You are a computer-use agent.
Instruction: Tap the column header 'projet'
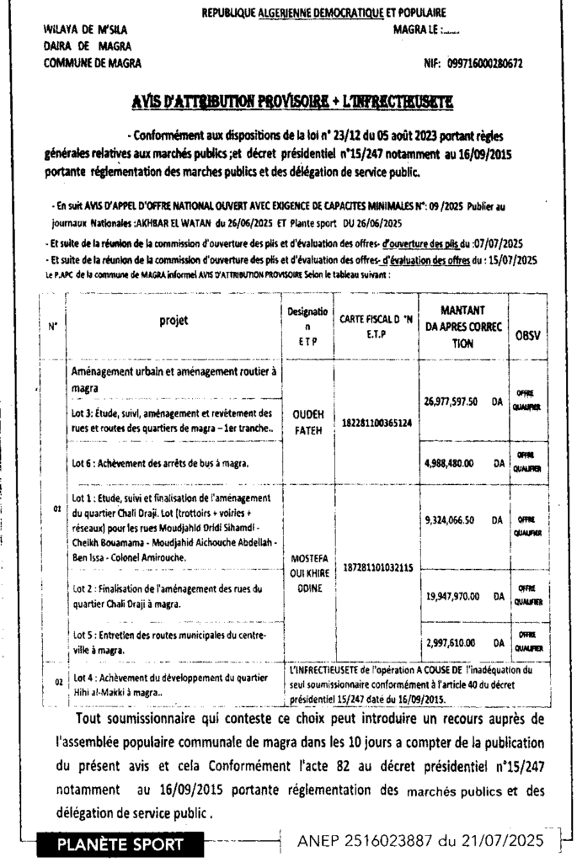(x=174, y=321)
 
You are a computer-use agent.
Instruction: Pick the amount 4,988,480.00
(x=452, y=461)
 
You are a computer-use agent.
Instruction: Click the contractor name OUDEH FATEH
(x=307, y=422)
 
